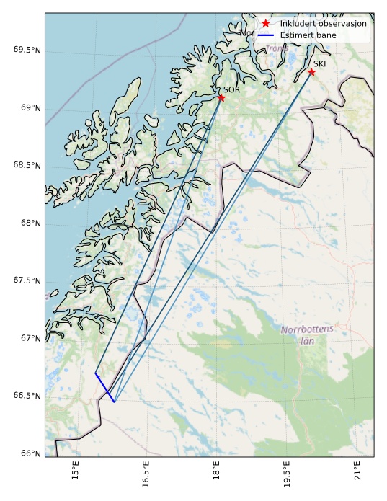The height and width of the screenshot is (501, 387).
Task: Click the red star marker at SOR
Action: click(x=221, y=98)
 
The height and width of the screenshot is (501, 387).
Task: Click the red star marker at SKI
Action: click(x=311, y=72)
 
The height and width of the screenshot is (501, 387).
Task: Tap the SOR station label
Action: click(x=231, y=89)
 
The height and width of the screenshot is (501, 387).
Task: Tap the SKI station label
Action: click(x=319, y=63)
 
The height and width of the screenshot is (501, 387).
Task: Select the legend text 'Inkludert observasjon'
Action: click(x=324, y=23)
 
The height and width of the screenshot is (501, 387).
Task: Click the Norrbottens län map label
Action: click(x=307, y=334)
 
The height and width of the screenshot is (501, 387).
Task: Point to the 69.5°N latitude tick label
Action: click(x=27, y=50)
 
